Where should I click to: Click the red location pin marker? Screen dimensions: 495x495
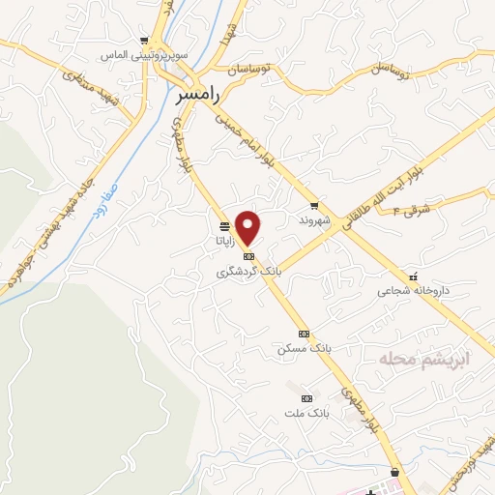coord(249,227)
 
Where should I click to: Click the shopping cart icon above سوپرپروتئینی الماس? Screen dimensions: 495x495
coord(144,41)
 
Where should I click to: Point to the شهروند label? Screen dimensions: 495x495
coord(315,220)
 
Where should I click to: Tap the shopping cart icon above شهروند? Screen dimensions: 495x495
coord(314,205)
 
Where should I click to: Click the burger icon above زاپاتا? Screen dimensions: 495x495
coord(224,228)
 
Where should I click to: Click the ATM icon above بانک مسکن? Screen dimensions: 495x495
coord(305,332)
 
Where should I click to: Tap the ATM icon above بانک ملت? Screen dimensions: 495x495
coord(307,397)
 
